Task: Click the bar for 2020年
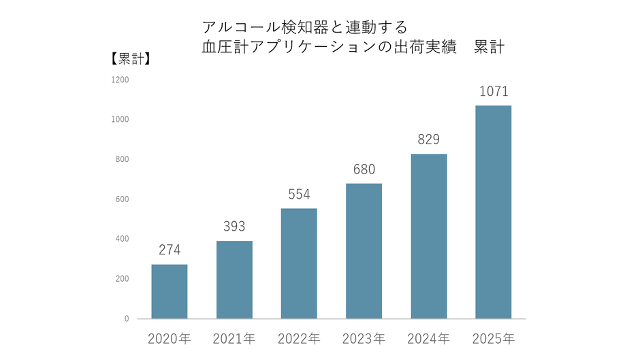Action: pos(170,291)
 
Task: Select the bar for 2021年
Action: pos(234,280)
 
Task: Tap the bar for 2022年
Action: pos(299,263)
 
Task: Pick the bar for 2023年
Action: pos(364,251)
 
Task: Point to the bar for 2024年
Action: pos(428,236)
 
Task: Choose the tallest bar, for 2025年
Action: pos(493,212)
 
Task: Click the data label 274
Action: pos(170,250)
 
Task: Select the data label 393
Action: pos(234,227)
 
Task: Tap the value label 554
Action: pos(299,194)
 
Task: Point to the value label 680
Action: pos(364,169)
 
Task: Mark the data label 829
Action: pos(428,140)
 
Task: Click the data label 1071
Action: pos(493,91)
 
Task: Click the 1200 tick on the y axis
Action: pos(121,80)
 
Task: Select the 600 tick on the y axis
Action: pos(123,199)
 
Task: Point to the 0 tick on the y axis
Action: pos(127,318)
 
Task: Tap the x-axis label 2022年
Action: pos(299,338)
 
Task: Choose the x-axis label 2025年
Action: pos(493,338)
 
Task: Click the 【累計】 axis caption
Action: pos(130,59)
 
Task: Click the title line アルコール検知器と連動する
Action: pos(304,27)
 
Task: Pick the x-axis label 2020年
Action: pos(170,338)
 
